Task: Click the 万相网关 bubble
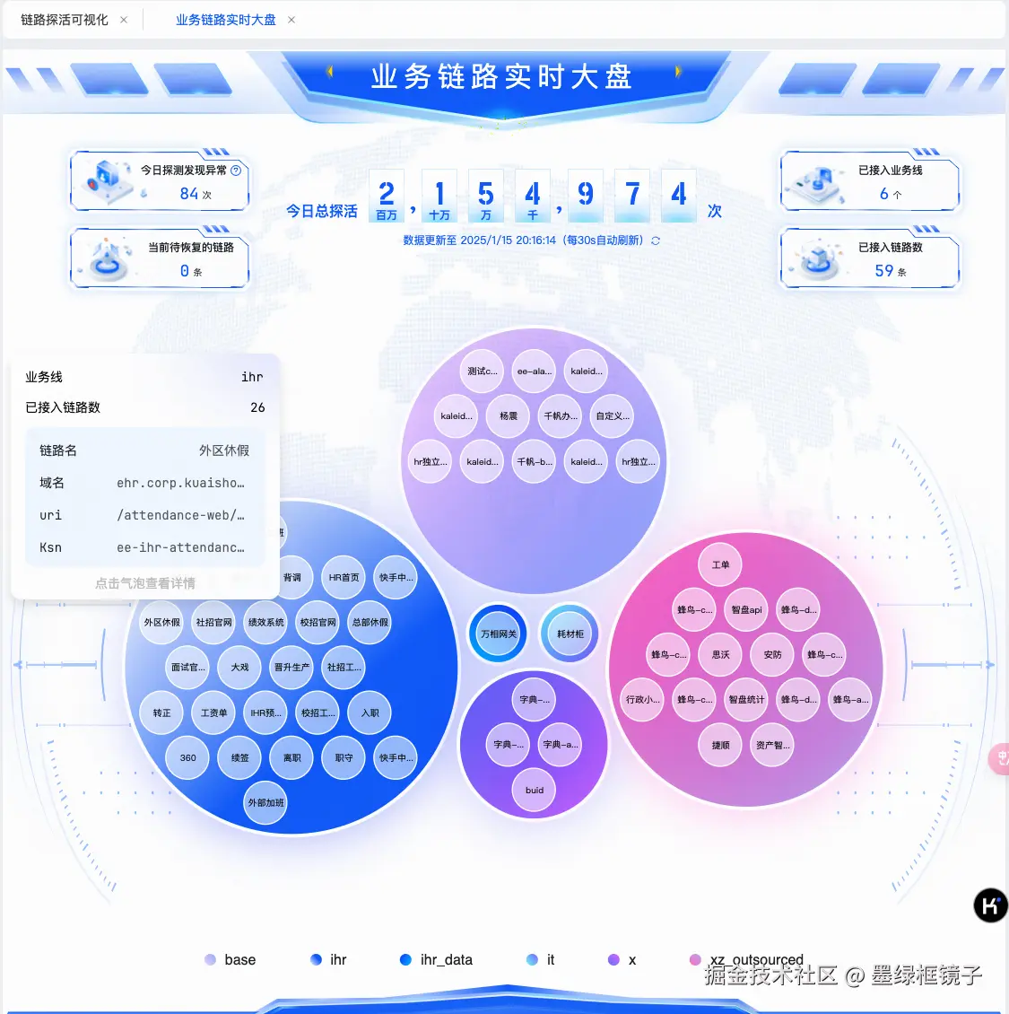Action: tap(499, 634)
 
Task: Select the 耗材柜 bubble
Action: tap(570, 634)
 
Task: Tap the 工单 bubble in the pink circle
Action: tap(720, 565)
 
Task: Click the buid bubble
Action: tap(535, 790)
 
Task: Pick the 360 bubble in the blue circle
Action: tap(187, 757)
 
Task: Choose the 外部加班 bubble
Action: tap(265, 802)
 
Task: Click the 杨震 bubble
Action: tap(509, 416)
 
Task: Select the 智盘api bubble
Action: tap(746, 610)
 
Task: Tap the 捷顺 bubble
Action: tap(720, 745)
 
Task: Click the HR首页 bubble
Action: tap(344, 578)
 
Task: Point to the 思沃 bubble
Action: tap(720, 655)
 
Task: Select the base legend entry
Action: tap(231, 959)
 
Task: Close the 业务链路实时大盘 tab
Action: tap(291, 20)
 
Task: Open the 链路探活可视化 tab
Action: tap(65, 20)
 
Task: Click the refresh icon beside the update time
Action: tap(656, 240)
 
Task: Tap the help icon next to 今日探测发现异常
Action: tap(236, 170)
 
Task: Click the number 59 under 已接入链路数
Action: tap(884, 270)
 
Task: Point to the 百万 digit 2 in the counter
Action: tap(387, 193)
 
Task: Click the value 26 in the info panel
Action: tap(257, 407)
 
